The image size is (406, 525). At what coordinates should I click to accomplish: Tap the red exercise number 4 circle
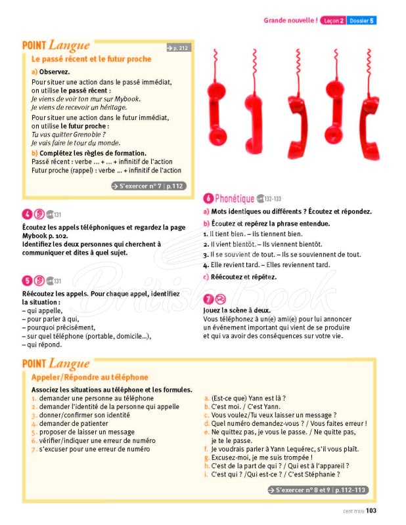(27, 213)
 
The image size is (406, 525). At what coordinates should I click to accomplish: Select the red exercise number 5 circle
(27, 280)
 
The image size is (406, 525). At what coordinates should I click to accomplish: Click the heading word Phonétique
(235, 198)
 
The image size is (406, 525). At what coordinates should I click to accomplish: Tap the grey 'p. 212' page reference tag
(177, 48)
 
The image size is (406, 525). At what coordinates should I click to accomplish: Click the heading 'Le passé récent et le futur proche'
(91, 59)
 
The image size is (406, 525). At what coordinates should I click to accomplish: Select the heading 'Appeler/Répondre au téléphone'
(90, 377)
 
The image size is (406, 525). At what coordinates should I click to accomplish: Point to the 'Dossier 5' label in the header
(362, 21)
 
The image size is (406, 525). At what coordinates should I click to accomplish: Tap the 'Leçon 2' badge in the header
(333, 21)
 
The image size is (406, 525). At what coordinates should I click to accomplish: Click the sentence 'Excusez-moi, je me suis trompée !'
(261, 457)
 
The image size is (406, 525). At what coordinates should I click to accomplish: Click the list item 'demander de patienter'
(83, 424)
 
